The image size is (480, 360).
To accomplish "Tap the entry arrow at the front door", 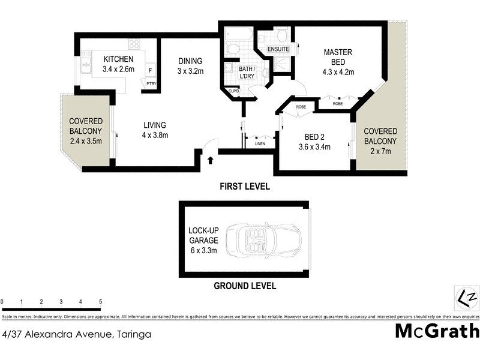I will click(x=210, y=160).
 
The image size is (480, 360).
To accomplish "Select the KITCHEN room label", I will click(x=118, y=59).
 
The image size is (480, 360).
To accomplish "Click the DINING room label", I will click(x=190, y=61).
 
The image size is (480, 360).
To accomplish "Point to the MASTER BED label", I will click(x=338, y=57).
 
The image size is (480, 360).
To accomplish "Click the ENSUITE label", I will click(x=278, y=49).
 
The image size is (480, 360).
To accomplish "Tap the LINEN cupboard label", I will click(x=260, y=143).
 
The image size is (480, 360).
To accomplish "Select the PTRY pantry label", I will click(x=151, y=83).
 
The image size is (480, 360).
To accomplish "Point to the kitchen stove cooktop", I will click(x=134, y=44).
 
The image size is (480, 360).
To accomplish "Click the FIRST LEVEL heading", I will click(x=245, y=187).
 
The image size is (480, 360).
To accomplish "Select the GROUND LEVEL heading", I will click(x=245, y=286).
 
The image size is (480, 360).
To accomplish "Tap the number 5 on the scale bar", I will click(x=101, y=302).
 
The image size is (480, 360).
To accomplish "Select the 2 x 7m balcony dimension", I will click(x=380, y=151).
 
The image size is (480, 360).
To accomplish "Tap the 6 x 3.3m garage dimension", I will click(x=203, y=250).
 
